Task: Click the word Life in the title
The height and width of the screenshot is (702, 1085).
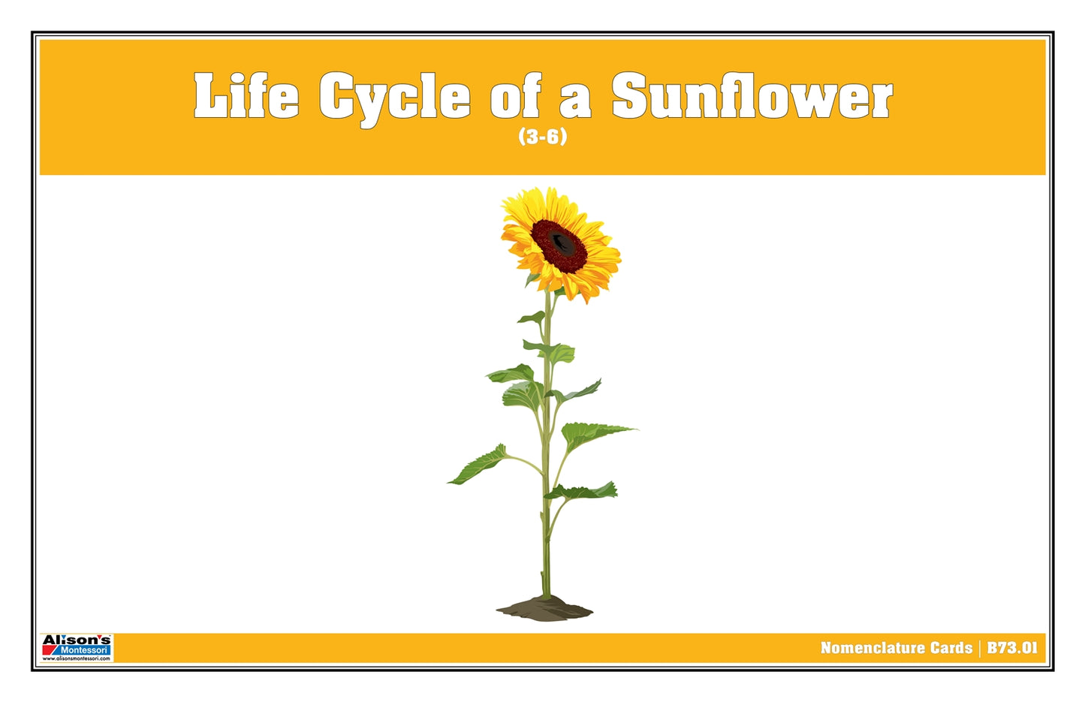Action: point(246,95)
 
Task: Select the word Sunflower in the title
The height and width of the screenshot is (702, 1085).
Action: point(752,95)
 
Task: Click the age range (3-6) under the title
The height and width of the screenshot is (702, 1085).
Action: point(542,137)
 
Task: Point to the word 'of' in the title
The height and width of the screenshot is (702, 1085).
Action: point(515,97)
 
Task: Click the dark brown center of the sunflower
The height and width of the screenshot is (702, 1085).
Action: point(559,243)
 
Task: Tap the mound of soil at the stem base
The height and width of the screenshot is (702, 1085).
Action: point(544,608)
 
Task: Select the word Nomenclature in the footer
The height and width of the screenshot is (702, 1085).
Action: point(870,648)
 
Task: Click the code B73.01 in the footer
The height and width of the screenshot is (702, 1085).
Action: point(1012,648)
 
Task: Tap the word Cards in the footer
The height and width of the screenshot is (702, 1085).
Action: point(951,648)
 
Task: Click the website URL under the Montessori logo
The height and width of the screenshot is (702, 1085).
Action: point(77,658)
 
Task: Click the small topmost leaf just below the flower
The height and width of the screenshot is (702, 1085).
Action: point(533,318)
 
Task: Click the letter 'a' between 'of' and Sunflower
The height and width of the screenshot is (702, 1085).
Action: point(574,101)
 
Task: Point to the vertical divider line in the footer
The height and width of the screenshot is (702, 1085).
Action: point(980,648)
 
